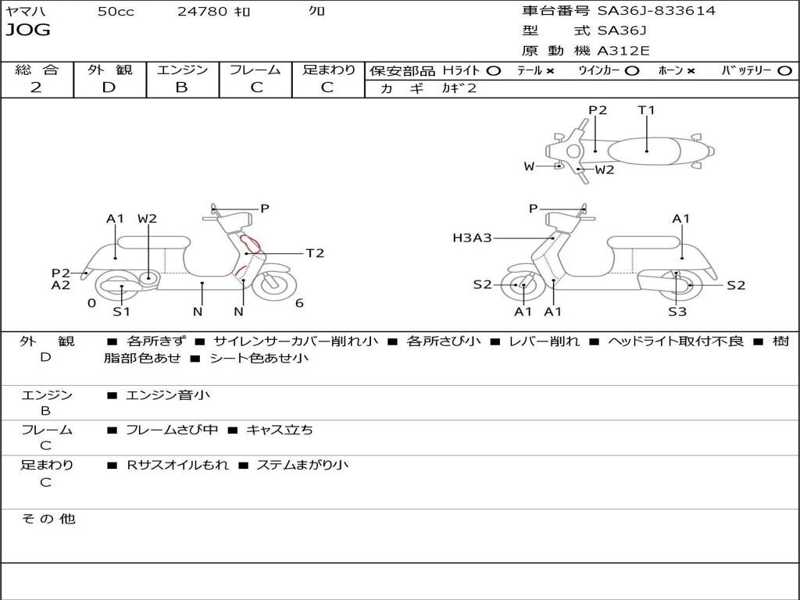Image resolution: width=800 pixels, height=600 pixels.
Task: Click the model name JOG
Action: (x=28, y=30)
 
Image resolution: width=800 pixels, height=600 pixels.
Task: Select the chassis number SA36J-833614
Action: (x=656, y=11)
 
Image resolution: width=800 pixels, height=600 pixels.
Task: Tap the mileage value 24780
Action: (x=203, y=12)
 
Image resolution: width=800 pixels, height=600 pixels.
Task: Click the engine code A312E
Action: (x=623, y=52)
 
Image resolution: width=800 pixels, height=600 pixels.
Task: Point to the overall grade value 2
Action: (x=36, y=87)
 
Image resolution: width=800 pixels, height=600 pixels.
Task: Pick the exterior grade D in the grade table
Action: (x=109, y=87)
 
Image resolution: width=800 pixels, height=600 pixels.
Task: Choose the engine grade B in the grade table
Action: (x=181, y=87)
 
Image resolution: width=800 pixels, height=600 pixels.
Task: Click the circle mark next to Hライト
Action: (x=493, y=70)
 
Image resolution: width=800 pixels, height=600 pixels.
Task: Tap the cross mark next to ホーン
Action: (x=691, y=70)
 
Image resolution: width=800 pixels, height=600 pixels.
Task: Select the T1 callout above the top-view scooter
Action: (x=646, y=110)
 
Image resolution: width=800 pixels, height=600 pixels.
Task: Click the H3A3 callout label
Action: (x=472, y=237)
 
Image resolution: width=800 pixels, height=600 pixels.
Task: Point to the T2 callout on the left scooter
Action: (x=315, y=253)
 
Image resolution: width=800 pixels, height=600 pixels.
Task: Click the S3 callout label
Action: (x=677, y=312)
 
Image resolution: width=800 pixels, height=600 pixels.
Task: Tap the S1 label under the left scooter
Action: (x=121, y=312)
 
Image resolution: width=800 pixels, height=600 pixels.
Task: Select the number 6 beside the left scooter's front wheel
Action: (x=299, y=303)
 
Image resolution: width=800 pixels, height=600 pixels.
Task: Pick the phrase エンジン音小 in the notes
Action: (x=168, y=395)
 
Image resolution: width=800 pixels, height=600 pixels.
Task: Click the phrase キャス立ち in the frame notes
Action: (x=280, y=430)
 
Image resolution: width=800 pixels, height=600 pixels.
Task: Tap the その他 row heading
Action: (x=48, y=519)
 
